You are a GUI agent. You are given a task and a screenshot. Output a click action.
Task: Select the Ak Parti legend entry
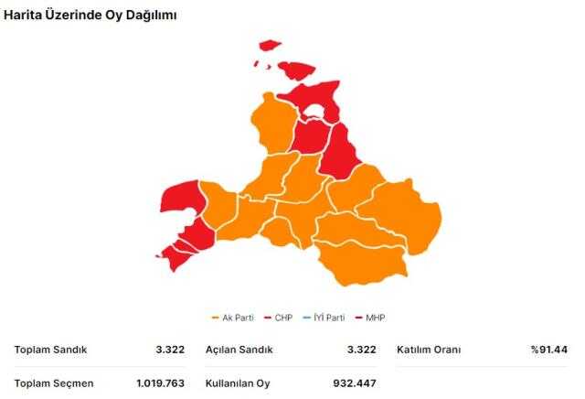[233, 318]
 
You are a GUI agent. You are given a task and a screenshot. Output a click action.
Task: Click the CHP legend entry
[279, 318]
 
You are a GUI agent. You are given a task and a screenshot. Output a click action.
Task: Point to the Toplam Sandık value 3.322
[170, 350]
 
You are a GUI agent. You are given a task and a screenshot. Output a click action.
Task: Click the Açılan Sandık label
[239, 350]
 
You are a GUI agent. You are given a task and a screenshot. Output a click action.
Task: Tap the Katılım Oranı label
[429, 350]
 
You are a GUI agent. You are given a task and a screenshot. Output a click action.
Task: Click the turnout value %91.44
[548, 350]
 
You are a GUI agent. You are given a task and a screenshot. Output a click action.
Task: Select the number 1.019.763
[160, 383]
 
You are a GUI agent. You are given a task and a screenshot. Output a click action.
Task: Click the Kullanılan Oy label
[239, 383]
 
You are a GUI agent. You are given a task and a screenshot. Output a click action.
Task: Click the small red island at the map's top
[269, 44]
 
